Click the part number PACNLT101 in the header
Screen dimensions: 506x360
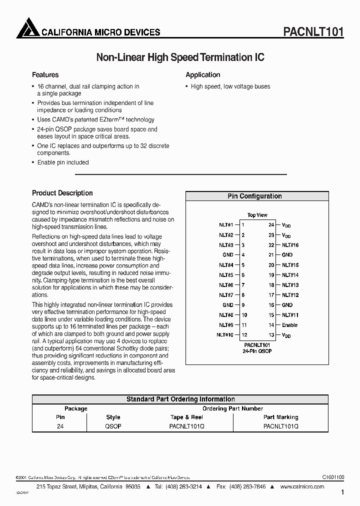[313, 32]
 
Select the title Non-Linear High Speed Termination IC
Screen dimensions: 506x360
[180, 57]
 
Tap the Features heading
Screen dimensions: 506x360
[45, 75]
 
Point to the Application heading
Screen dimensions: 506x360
[202, 75]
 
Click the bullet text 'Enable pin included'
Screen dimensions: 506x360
[63, 162]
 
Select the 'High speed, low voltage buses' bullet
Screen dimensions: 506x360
[230, 86]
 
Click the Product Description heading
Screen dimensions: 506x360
[62, 193]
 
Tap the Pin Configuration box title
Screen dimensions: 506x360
[254, 196]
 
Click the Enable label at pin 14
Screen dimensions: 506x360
[289, 325]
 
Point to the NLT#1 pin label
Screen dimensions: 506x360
[226, 225]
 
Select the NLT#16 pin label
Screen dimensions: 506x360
[290, 245]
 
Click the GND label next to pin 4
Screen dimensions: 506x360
[228, 255]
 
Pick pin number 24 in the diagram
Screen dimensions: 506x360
[271, 225]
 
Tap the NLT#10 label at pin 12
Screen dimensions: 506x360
[225, 335]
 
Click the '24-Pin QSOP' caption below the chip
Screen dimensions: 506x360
[257, 351]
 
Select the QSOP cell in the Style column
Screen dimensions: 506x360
[113, 426]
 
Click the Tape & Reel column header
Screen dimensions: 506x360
[187, 417]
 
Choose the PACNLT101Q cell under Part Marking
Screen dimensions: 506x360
[280, 426]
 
